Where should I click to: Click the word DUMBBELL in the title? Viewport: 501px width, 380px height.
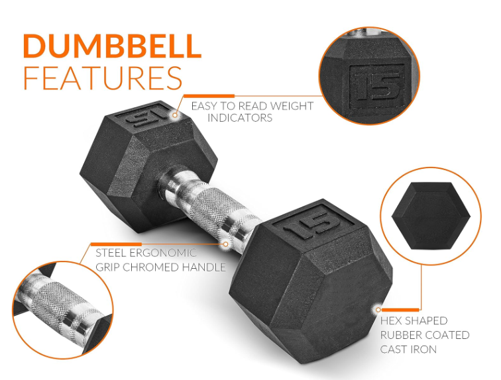112,46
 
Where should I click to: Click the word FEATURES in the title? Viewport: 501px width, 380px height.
103,78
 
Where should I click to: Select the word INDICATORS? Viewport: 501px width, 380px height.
240,118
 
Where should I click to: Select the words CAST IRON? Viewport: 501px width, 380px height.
408,350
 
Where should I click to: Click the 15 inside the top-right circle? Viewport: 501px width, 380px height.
377,86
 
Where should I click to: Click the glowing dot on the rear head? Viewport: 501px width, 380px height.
175,115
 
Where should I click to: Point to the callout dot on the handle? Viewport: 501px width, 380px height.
225,244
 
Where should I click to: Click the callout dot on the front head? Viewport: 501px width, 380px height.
378,309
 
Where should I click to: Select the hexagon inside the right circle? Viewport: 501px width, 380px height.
431,216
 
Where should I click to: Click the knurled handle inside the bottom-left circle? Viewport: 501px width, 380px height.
61,309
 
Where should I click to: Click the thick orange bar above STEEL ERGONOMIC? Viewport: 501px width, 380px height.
116,244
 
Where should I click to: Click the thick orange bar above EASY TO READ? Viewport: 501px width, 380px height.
209,96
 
